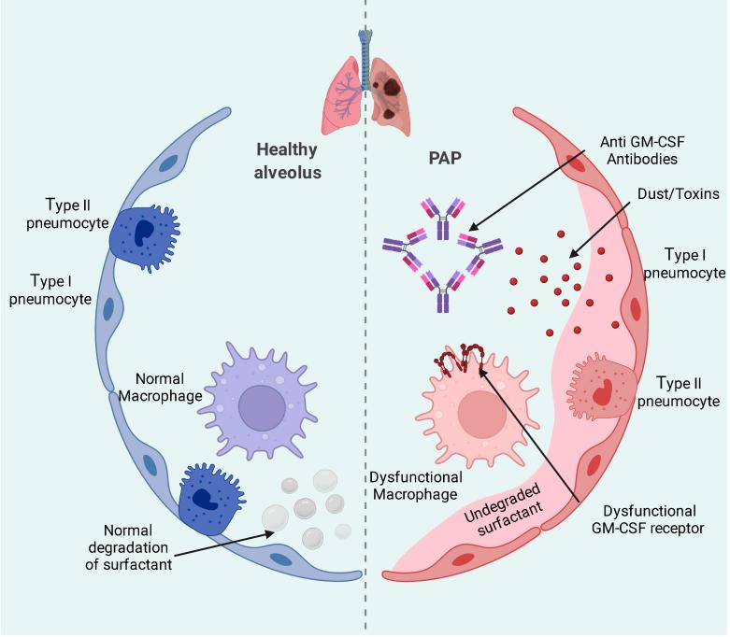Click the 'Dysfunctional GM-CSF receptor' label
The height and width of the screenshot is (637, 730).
650,521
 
